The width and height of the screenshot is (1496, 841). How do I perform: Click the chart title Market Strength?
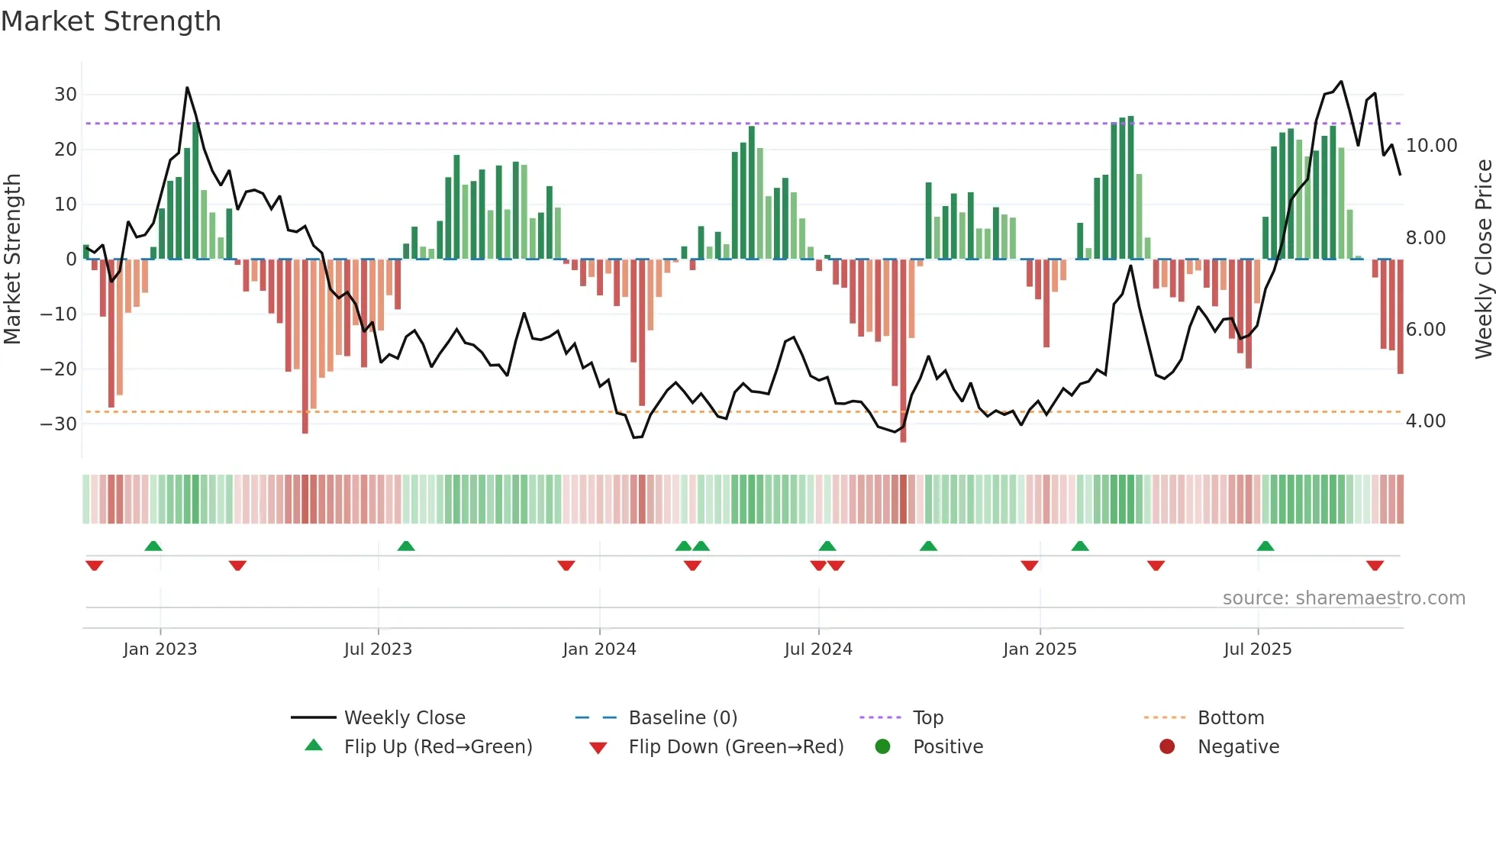111,21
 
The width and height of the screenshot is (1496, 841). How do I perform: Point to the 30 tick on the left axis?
66,95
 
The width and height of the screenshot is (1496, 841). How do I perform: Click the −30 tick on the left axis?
60,424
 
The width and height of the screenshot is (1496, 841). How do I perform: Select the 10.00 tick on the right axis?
1431,146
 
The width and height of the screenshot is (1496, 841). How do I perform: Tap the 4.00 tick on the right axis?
1425,421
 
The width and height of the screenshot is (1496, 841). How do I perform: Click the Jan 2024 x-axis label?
599,649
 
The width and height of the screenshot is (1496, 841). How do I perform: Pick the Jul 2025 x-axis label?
1257,649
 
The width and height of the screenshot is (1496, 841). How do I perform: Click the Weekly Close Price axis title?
1483,259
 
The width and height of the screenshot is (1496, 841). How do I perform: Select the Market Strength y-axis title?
12,259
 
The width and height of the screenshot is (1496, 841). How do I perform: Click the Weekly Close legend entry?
405,718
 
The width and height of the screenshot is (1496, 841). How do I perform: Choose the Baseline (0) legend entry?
682,718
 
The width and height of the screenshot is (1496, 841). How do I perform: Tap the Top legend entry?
928,718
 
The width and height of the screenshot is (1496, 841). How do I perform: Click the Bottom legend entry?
1230,718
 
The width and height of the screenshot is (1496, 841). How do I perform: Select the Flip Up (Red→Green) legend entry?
437,747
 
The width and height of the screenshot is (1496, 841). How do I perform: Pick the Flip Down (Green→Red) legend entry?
736,747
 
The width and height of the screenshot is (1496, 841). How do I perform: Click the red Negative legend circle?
1167,747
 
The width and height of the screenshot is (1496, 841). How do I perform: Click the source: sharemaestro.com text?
1343,598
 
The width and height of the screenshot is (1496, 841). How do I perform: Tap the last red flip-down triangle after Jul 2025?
1375,565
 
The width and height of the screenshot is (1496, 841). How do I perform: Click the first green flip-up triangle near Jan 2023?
153,546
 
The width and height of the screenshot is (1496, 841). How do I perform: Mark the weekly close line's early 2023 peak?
187,88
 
